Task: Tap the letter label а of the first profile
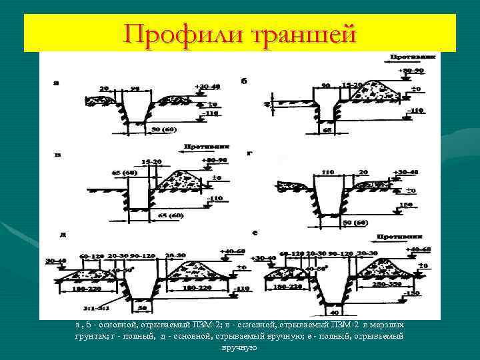(x=56, y=83)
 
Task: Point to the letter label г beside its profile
(x=249, y=153)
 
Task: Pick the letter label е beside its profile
(x=255, y=233)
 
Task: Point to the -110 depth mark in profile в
(x=215, y=199)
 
